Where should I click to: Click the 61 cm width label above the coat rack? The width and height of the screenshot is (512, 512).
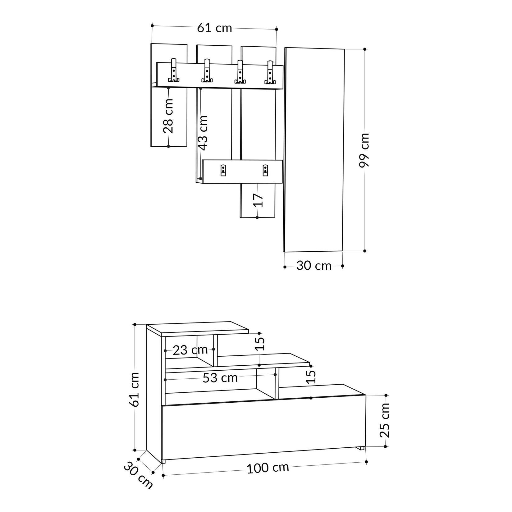point(214,28)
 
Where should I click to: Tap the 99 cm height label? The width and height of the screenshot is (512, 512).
point(364,150)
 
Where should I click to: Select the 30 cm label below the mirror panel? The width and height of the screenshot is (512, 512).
point(314,266)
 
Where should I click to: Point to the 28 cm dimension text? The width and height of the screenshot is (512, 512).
point(168,116)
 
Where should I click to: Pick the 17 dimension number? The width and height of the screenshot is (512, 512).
point(258,200)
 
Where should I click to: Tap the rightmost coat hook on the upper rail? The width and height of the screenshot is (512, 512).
point(270,73)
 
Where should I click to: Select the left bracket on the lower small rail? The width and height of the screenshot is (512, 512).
point(223,171)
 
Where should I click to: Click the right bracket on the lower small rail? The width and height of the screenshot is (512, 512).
point(265,171)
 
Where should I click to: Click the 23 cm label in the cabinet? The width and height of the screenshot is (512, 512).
point(190,350)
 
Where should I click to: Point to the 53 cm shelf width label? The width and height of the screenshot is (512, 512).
point(220,378)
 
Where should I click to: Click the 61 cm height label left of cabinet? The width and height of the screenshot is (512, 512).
point(134,389)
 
